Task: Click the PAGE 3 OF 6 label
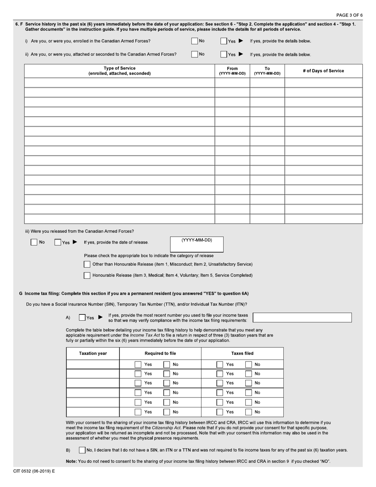(349, 15)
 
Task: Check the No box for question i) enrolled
(194, 41)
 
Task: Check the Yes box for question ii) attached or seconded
(224, 54)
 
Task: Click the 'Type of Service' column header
(119, 71)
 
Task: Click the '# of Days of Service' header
(323, 71)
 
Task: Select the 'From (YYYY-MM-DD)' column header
(232, 71)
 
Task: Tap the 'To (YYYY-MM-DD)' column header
(267, 71)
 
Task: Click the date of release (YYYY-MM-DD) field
(197, 247)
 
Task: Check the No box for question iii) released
(34, 242)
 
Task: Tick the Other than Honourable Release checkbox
(87, 264)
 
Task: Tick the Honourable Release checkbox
(87, 275)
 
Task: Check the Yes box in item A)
(82, 318)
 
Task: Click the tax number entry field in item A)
(302, 318)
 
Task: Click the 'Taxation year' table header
(93, 354)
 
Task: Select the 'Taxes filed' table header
(242, 354)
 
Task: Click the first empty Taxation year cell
(93, 364)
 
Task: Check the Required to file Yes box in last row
(138, 412)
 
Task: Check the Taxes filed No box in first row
(249, 364)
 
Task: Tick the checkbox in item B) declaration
(82, 450)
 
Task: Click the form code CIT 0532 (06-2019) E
(34, 471)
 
